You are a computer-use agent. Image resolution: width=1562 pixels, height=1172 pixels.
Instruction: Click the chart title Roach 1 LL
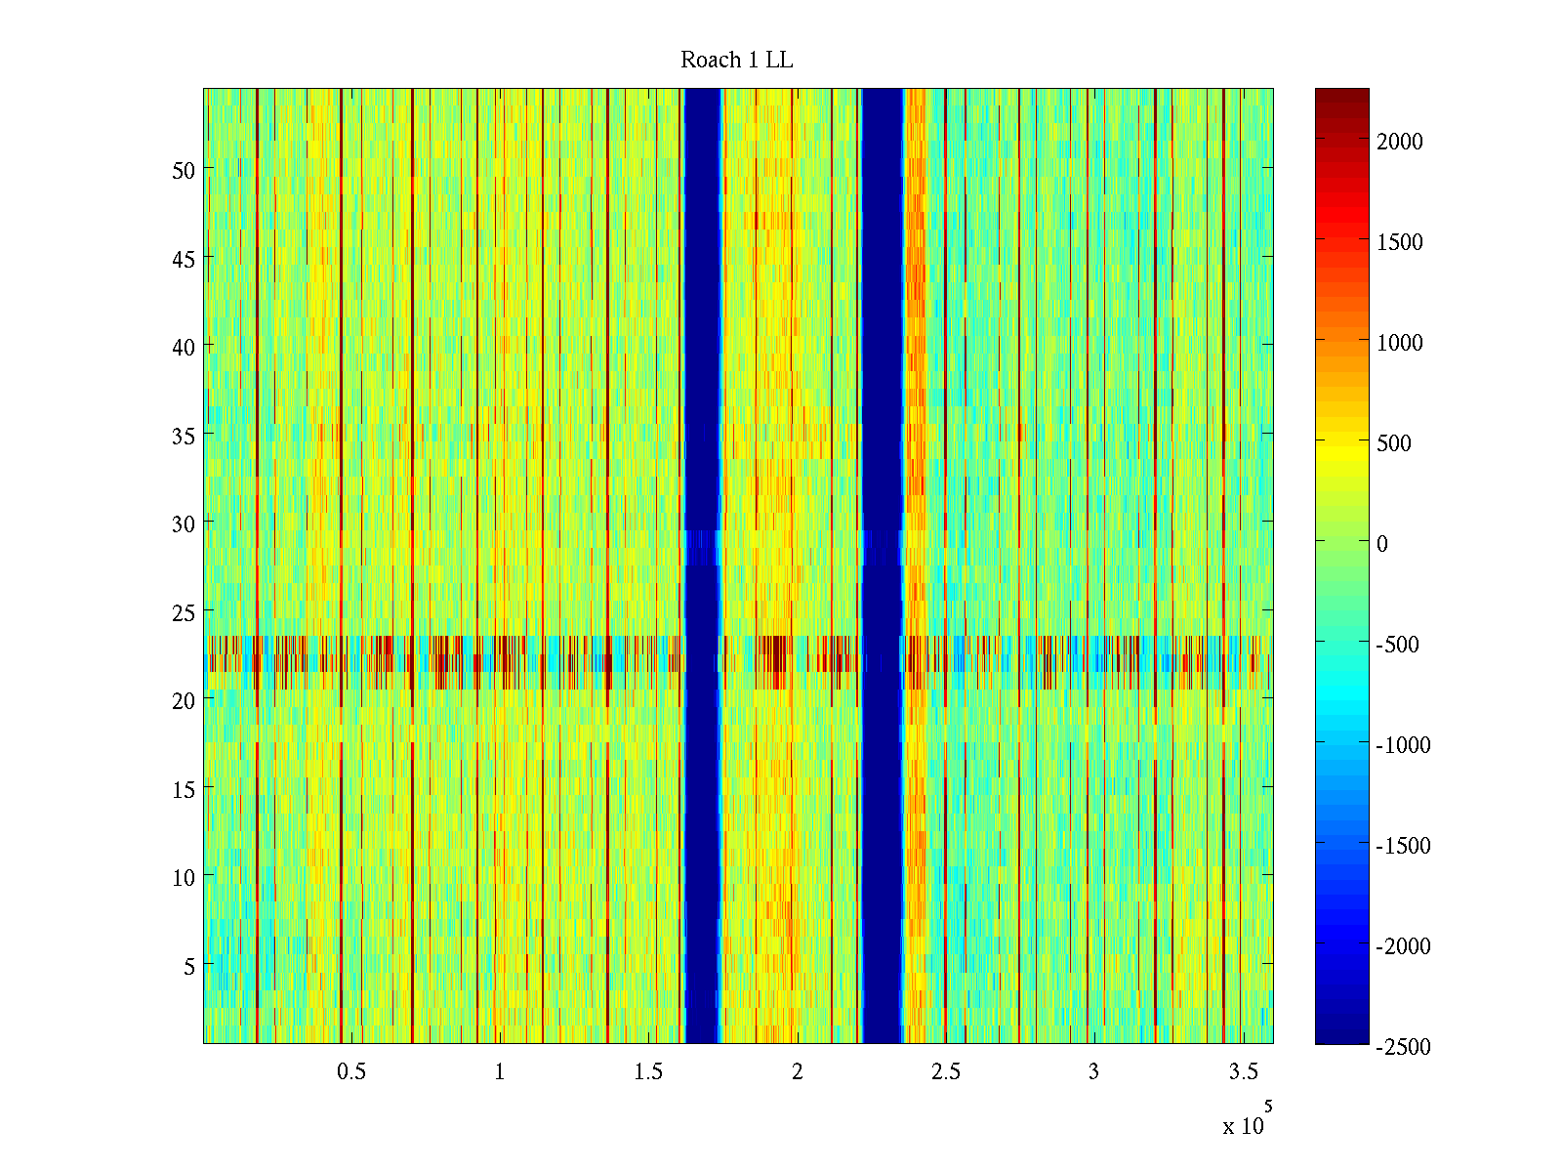(x=736, y=61)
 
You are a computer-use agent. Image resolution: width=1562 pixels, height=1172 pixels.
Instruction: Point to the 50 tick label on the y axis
(x=184, y=170)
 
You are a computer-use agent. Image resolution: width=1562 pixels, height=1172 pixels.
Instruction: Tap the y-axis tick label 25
(x=184, y=612)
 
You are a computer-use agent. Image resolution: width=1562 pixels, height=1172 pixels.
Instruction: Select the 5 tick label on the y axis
(x=189, y=966)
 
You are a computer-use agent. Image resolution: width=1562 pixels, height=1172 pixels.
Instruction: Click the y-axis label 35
(x=184, y=436)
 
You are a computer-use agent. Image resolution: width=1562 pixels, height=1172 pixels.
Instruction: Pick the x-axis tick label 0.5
(x=351, y=1071)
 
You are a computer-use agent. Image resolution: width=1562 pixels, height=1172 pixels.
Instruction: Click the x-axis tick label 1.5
(x=648, y=1071)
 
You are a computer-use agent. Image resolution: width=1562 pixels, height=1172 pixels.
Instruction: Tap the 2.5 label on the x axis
(x=945, y=1071)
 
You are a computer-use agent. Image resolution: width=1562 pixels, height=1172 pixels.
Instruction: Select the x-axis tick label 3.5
(x=1243, y=1071)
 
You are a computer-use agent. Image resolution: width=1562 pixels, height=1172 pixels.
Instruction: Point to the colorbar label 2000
(x=1400, y=142)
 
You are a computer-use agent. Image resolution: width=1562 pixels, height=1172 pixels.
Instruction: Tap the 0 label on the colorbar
(x=1382, y=544)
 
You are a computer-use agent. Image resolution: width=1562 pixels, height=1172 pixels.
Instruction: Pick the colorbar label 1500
(x=1400, y=242)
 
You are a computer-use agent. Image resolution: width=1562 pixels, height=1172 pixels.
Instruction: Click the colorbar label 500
(x=1394, y=443)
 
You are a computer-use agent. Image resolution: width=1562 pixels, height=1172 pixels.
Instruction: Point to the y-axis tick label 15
(x=184, y=789)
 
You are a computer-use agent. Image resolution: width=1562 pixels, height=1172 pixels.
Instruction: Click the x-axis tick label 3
(x=1093, y=1071)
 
